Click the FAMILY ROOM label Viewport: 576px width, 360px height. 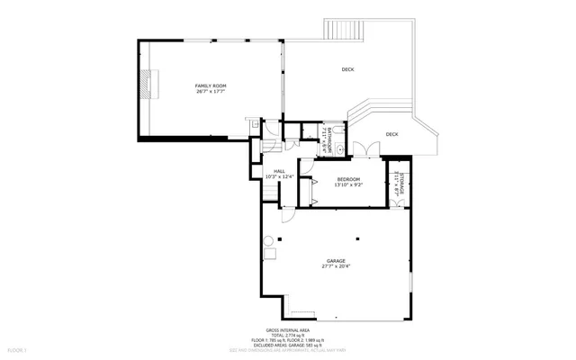coord(210,85)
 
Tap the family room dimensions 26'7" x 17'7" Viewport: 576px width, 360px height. coord(210,92)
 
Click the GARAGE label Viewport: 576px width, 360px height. coord(336,259)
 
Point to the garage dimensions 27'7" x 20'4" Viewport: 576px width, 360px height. coord(336,265)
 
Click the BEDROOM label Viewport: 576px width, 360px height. coord(348,180)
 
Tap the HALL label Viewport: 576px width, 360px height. coord(280,170)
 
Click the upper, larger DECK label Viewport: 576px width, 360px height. coord(347,69)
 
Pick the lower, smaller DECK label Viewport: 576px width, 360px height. coord(391,134)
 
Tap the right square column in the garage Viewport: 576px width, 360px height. coord(357,238)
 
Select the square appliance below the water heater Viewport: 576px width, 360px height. coord(267,256)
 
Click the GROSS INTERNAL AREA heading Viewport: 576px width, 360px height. coord(287,331)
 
